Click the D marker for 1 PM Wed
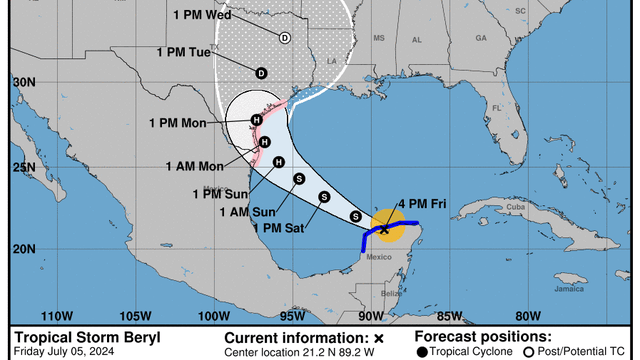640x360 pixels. coord(284,38)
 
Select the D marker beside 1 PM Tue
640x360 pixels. coord(261,72)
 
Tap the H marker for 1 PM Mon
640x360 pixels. coord(257,121)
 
